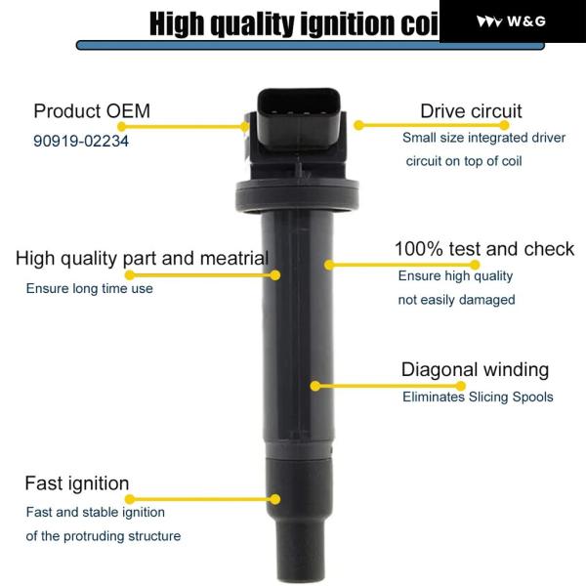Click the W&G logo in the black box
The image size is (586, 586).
511,21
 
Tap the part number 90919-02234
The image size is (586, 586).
81,141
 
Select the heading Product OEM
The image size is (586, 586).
92,111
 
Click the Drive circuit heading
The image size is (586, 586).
471,111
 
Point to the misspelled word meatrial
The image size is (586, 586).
234,258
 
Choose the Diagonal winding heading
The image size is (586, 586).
475,369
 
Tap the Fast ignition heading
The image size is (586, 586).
77,483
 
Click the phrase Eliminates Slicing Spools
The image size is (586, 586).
478,397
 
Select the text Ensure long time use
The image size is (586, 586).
89,288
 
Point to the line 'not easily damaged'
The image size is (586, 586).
457,300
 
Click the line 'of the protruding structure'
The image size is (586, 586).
104,536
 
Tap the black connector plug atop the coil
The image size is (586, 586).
300,119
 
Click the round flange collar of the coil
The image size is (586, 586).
297,195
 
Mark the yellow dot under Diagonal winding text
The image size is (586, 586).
461,386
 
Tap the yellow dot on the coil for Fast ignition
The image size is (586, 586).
275,499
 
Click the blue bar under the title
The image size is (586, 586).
311,45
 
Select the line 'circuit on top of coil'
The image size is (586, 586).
464,161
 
